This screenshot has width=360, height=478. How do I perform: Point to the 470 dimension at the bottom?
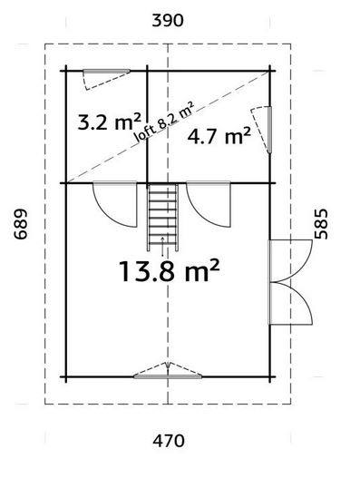coord(169,442)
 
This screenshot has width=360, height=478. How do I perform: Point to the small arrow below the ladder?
coord(162,239)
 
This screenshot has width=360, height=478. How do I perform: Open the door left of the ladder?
coord(117,205)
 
